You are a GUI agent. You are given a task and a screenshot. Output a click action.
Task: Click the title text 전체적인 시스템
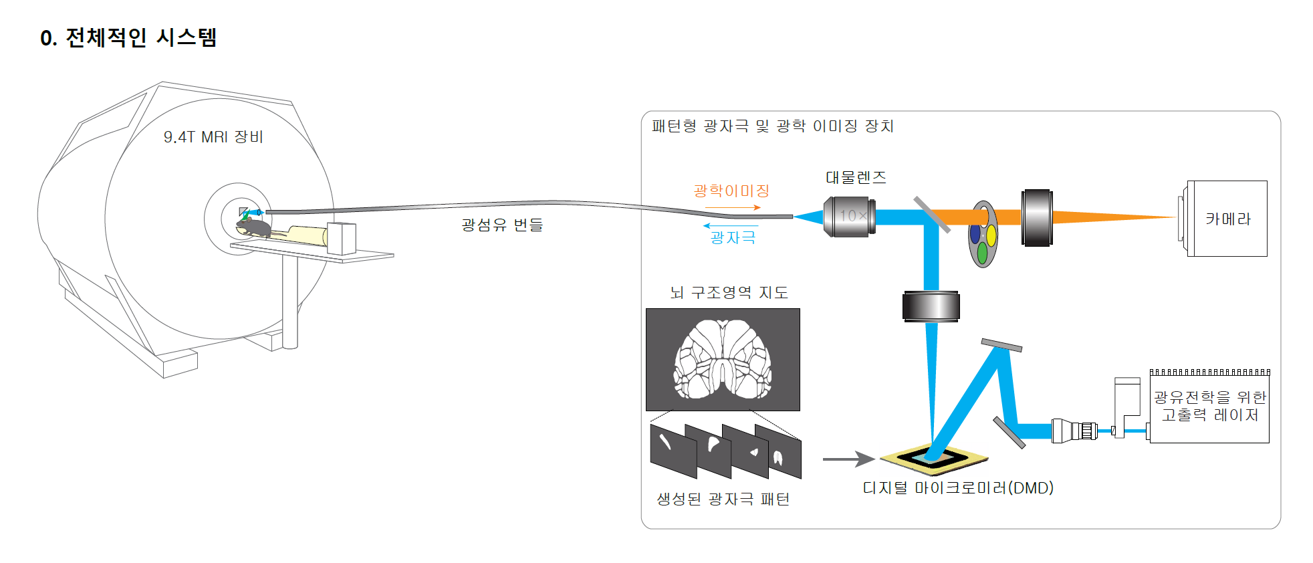point(140,37)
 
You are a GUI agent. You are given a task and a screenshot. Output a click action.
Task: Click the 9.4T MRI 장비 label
point(213,137)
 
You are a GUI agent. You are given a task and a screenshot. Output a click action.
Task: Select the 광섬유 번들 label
point(502,225)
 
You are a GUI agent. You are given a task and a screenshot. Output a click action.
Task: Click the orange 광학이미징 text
point(731,191)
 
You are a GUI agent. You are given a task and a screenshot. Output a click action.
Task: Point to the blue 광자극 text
point(733,237)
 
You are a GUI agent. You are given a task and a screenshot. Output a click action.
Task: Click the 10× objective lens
point(850,216)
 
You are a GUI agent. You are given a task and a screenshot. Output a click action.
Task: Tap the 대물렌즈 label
point(856,177)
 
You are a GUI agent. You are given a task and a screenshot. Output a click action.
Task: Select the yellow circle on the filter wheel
point(991,235)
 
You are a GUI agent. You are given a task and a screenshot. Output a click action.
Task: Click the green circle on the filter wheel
point(982,253)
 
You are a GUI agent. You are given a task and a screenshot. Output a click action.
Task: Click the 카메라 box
point(1227,219)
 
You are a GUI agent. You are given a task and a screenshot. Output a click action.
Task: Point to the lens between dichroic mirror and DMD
point(931,307)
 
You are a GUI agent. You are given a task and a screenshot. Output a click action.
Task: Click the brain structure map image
point(723,360)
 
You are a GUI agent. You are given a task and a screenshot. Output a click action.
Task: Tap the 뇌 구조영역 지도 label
point(729,292)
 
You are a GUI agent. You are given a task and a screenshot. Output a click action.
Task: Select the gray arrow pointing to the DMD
point(848,459)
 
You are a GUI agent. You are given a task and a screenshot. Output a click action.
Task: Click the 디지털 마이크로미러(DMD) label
point(957,488)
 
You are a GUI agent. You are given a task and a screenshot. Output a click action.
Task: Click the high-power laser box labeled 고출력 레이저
point(1209,407)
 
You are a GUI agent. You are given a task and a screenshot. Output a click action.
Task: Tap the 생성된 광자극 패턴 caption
point(723,499)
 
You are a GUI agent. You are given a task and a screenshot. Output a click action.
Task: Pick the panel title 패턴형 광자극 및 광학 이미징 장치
point(772,126)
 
